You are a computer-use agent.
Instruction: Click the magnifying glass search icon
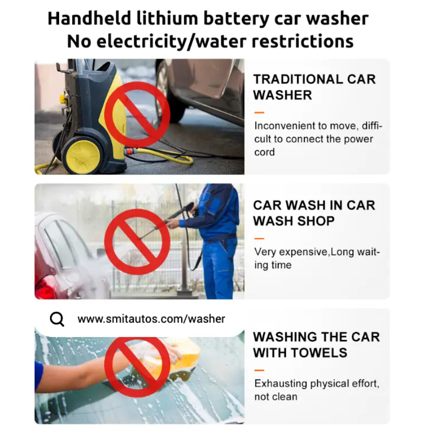(57, 319)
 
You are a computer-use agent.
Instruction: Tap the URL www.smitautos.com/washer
(151, 319)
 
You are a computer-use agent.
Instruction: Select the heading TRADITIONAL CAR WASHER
(314, 87)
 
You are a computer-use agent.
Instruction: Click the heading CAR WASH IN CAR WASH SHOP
(314, 213)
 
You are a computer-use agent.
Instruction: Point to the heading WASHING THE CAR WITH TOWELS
(316, 345)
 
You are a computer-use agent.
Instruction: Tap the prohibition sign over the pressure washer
(137, 114)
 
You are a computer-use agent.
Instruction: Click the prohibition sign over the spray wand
(137, 242)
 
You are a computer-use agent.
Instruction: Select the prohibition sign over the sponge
(137, 365)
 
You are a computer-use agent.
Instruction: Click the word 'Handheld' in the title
(89, 19)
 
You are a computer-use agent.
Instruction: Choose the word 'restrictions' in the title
(302, 41)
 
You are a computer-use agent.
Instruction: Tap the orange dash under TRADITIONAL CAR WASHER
(259, 112)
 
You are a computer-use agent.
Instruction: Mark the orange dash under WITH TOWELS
(259, 370)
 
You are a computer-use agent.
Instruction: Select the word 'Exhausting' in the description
(281, 384)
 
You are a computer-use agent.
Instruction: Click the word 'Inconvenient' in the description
(285, 126)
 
